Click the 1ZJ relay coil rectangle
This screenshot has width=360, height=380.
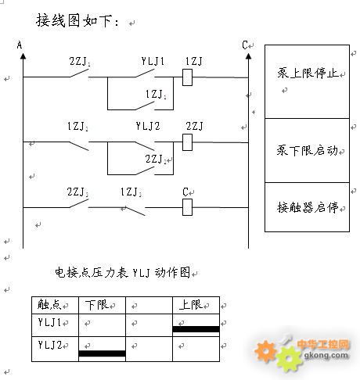tap(187, 77)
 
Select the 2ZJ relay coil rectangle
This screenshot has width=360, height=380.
tap(187, 142)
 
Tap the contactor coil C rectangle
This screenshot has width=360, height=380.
tap(187, 207)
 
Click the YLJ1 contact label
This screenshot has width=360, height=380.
tap(153, 61)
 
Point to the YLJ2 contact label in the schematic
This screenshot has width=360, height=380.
tap(148, 126)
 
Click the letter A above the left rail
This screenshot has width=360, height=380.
tap(20, 45)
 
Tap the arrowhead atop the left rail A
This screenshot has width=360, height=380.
tap(23, 56)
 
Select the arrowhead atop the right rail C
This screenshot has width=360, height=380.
tap(248, 56)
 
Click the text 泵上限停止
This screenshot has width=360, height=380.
tap(308, 73)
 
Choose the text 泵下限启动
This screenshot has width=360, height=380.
tap(308, 150)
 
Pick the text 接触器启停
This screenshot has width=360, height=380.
tap(308, 207)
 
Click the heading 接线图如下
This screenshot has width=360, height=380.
tap(74, 20)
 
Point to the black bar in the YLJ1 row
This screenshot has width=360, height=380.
tap(196, 329)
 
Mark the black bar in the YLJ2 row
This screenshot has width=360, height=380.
tap(102, 353)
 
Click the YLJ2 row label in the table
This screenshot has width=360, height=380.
tap(50, 345)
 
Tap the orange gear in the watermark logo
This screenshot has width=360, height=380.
tap(266, 351)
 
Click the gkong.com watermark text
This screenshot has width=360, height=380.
tap(326, 355)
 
